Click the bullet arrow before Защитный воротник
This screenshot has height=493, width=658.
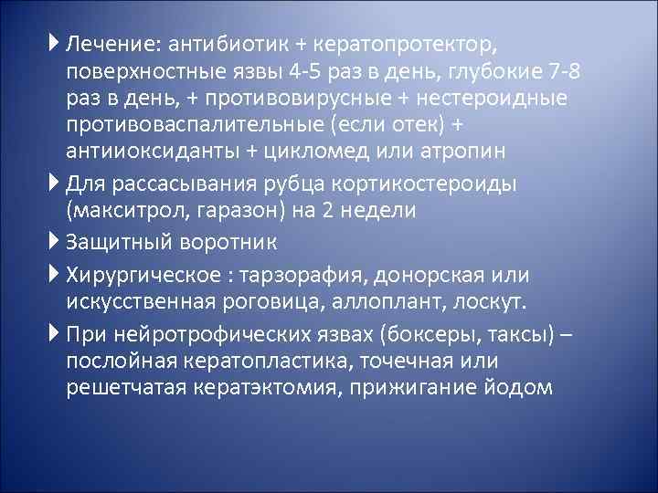point(57,242)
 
